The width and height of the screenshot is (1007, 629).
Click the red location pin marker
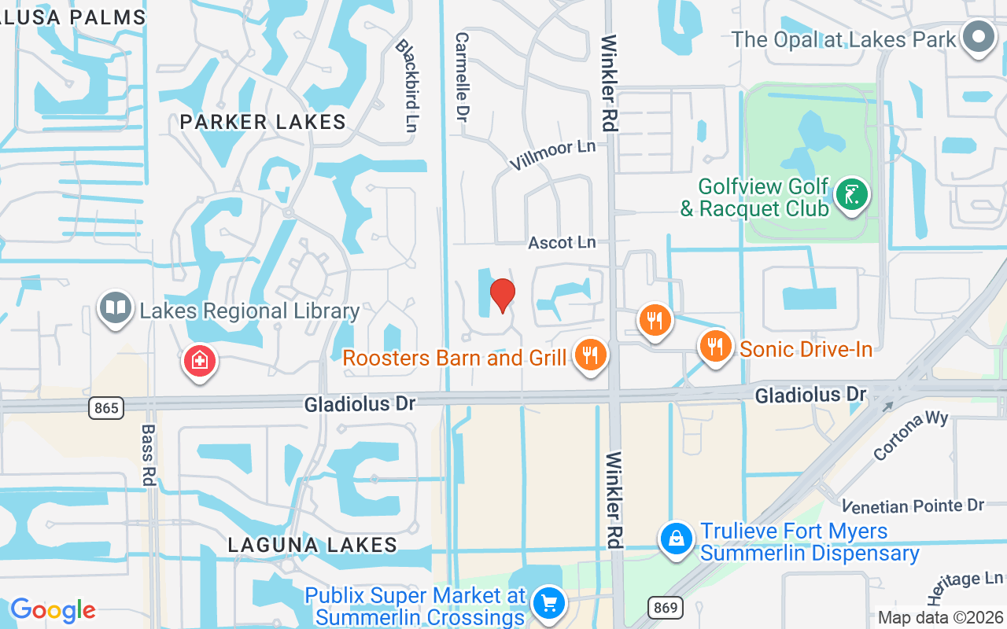click(x=503, y=296)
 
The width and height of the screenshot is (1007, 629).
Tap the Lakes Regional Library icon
click(x=115, y=308)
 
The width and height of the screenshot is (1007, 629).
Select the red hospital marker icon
click(x=200, y=362)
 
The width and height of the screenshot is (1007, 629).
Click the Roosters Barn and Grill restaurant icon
click(x=590, y=355)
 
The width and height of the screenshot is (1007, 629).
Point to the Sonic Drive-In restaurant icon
click(x=715, y=347)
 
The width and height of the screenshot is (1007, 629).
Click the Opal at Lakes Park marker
click(x=979, y=37)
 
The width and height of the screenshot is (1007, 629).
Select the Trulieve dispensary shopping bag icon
click(x=676, y=539)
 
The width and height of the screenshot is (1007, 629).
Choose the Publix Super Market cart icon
click(x=548, y=604)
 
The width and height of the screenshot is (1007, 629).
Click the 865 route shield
click(x=105, y=407)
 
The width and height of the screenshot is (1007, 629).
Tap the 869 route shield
click(x=665, y=606)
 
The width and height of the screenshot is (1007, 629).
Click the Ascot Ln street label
click(x=562, y=242)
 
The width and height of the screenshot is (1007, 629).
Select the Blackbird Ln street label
click(x=405, y=86)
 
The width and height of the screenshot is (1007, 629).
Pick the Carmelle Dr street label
click(x=462, y=76)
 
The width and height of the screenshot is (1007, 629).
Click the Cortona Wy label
click(x=911, y=434)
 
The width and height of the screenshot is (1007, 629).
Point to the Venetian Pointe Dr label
click(x=913, y=505)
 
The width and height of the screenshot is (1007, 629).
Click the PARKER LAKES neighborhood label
click(x=263, y=122)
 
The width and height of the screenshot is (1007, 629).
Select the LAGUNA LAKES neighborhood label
click(x=312, y=544)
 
